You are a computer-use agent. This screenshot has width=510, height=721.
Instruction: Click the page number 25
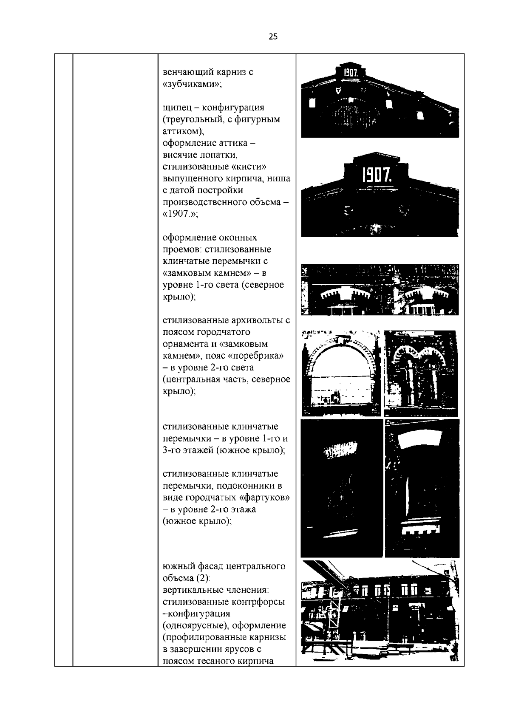[x=273, y=37]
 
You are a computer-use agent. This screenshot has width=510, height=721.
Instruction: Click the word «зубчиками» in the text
[x=192, y=84]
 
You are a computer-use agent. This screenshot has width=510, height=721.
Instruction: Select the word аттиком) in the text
[x=184, y=131]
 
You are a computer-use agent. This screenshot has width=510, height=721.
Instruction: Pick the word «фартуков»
[x=265, y=498]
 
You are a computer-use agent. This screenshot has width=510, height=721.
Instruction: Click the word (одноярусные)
[x=196, y=626]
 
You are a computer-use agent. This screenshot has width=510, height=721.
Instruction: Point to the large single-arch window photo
[x=341, y=373]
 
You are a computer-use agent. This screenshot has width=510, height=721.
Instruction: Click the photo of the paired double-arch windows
[x=420, y=373]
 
